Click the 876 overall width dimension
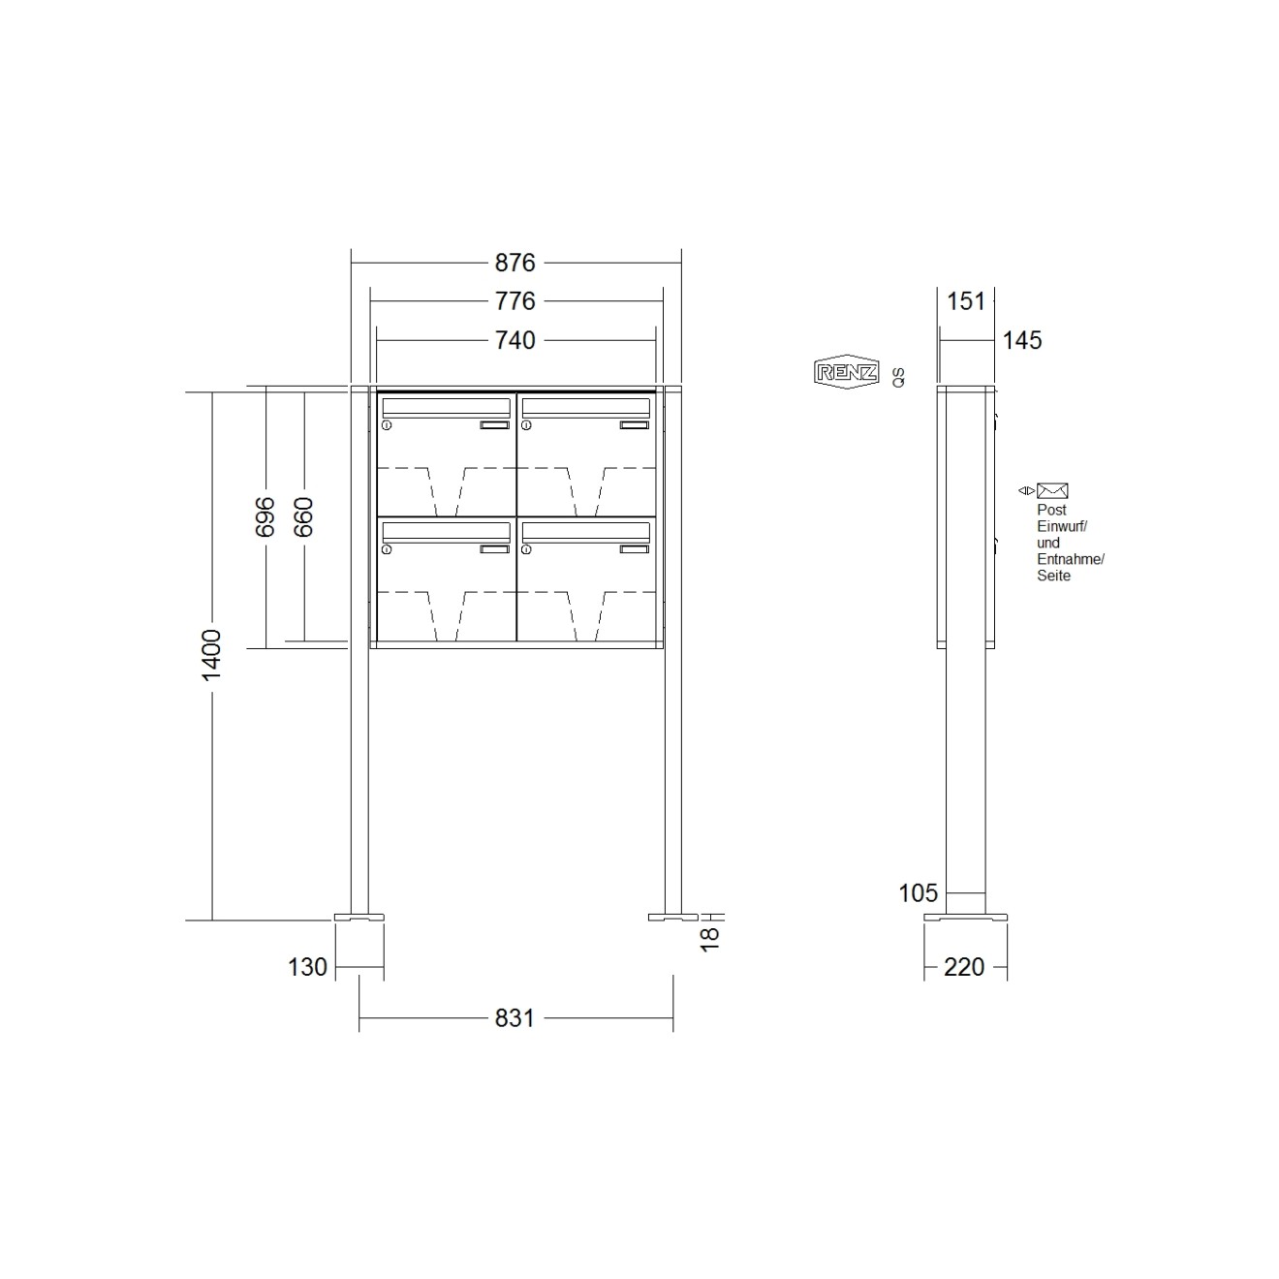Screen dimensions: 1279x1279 coord(515,264)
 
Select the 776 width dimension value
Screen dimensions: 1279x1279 coord(515,301)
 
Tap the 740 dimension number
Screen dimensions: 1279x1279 coord(515,340)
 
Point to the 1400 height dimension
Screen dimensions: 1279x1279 coord(212,654)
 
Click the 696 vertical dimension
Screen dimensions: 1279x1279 coord(265,516)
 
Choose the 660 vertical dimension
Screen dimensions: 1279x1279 coord(303,516)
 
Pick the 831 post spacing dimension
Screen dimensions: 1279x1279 coord(515,1017)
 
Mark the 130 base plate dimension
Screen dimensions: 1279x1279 coord(307,967)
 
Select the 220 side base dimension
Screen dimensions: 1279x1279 coord(964,967)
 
